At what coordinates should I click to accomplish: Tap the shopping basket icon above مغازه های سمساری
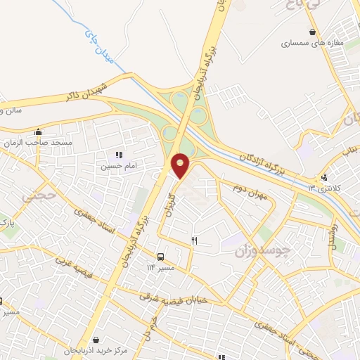point(312,32)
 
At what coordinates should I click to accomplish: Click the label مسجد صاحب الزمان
point(41,143)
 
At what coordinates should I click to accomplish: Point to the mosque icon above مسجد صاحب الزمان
point(39,131)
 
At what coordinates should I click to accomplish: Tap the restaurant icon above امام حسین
point(118,155)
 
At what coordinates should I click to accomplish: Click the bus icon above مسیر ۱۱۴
point(161,257)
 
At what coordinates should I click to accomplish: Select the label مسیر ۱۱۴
point(161,268)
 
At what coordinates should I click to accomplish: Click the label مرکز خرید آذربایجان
point(96,350)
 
